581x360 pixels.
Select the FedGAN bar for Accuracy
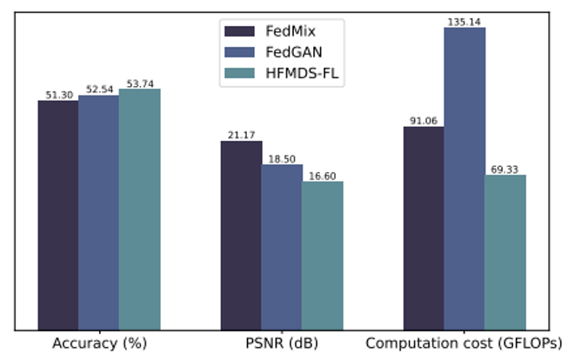pyautogui.click(x=98, y=213)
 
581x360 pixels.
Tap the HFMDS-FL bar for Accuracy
pyautogui.click(x=139, y=210)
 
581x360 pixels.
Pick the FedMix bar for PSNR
pyautogui.click(x=241, y=236)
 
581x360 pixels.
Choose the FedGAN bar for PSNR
pyautogui.click(x=282, y=247)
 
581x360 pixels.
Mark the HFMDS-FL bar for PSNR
pyautogui.click(x=323, y=256)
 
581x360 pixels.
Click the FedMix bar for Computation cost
pyautogui.click(x=424, y=229)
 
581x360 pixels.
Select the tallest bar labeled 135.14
pyautogui.click(x=464, y=179)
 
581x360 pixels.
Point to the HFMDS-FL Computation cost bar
pyautogui.click(x=505, y=253)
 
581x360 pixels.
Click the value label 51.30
pyautogui.click(x=57, y=95)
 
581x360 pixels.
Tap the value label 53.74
pyautogui.click(x=139, y=83)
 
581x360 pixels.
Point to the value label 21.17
pyautogui.click(x=241, y=135)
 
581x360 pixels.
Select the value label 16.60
pyautogui.click(x=323, y=176)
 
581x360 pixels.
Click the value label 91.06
pyautogui.click(x=424, y=121)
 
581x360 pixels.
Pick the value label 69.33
pyautogui.click(x=505, y=169)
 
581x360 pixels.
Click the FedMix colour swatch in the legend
pyautogui.click(x=238, y=31)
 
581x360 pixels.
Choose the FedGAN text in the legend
pyautogui.click(x=286, y=54)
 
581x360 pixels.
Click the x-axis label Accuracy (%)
pyautogui.click(x=98, y=343)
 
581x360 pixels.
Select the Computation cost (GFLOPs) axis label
pyautogui.click(x=464, y=343)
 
